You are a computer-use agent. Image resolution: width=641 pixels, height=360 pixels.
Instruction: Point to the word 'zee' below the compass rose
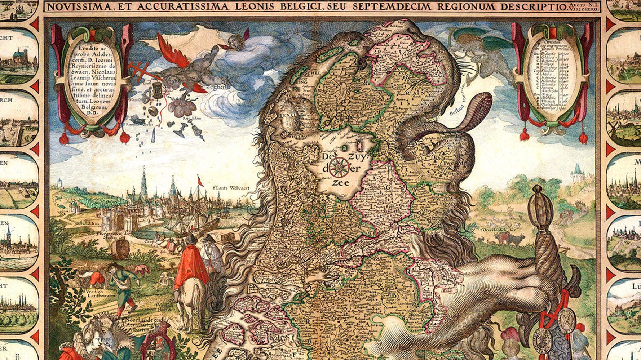[x=341, y=183]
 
